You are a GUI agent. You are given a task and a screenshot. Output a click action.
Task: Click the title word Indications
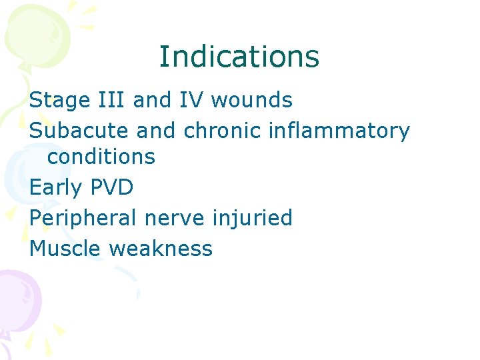point(239,57)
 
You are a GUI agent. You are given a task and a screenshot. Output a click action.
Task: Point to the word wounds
point(251,101)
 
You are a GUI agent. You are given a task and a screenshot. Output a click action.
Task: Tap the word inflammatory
point(339,131)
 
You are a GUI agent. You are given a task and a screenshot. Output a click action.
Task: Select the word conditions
point(101,157)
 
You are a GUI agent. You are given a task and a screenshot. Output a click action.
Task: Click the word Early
point(57,187)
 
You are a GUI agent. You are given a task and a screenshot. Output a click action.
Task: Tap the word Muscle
point(66,249)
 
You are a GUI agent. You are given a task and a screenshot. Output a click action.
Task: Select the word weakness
point(161,249)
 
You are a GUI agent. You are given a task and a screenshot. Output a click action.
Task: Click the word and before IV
point(153,101)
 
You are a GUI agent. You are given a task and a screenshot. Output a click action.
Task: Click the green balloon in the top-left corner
point(37,33)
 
